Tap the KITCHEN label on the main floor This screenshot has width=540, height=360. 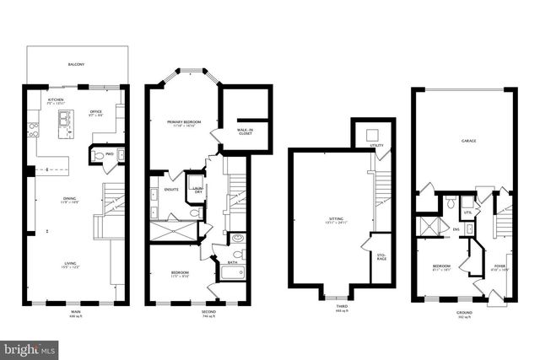coord(57,100)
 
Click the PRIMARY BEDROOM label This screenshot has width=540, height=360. coord(184,123)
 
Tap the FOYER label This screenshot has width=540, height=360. coord(499,267)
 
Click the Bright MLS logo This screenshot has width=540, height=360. coord(30,347)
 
